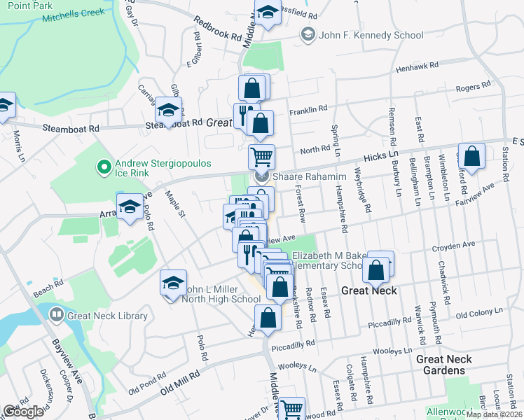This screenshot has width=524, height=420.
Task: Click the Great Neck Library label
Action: pos(107,316)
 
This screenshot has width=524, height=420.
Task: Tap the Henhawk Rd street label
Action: pos(416,65)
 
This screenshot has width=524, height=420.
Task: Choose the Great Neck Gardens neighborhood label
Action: pos(453,365)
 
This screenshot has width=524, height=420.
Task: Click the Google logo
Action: pos(23,411)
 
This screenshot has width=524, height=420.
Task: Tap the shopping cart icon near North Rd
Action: pos(261,155)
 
